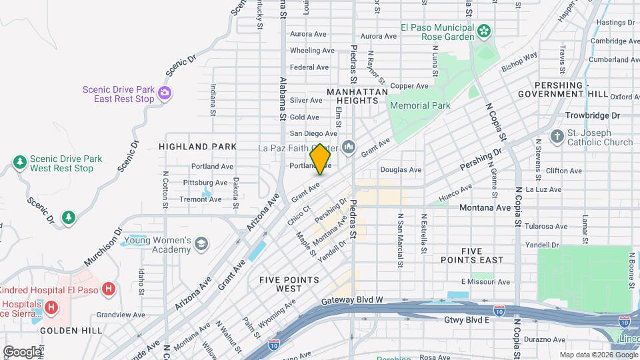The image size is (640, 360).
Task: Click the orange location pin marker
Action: pos(320,159)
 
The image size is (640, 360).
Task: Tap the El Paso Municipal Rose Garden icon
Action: pos(484,30)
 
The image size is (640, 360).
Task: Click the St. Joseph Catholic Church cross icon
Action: pos(557,136)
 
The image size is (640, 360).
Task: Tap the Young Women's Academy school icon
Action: pos(201,245)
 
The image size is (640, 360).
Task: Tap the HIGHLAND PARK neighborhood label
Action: pos(197,146)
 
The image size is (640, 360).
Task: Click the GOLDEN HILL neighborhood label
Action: pos(71,330)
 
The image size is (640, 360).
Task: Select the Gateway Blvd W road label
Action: pos(352,300)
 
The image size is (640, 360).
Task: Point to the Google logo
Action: pos(22,351)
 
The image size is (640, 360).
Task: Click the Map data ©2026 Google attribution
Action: pos(597,355)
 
